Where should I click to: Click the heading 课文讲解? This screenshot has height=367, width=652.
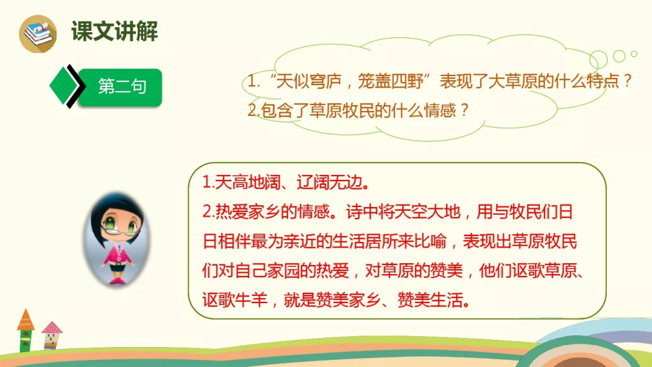(x=114, y=31)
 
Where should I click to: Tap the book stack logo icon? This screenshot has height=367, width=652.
(x=37, y=34)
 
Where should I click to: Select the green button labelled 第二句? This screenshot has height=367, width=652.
(x=121, y=86)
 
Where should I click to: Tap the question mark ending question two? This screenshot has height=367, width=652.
(x=464, y=111)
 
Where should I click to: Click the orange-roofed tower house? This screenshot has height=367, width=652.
(x=25, y=330)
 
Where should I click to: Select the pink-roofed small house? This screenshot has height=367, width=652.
(x=52, y=335)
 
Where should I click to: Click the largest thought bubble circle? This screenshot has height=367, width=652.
(x=599, y=60)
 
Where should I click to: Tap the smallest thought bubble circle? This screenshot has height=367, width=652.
(x=634, y=54)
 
